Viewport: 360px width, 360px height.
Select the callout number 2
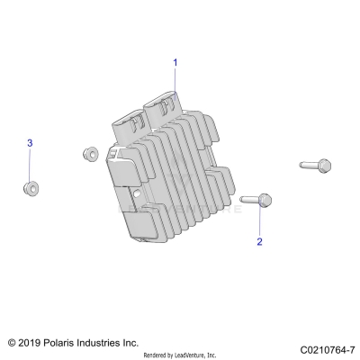260,241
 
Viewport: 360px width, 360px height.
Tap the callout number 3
30,143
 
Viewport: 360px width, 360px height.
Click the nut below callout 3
29,188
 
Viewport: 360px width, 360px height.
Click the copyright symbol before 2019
12,343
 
